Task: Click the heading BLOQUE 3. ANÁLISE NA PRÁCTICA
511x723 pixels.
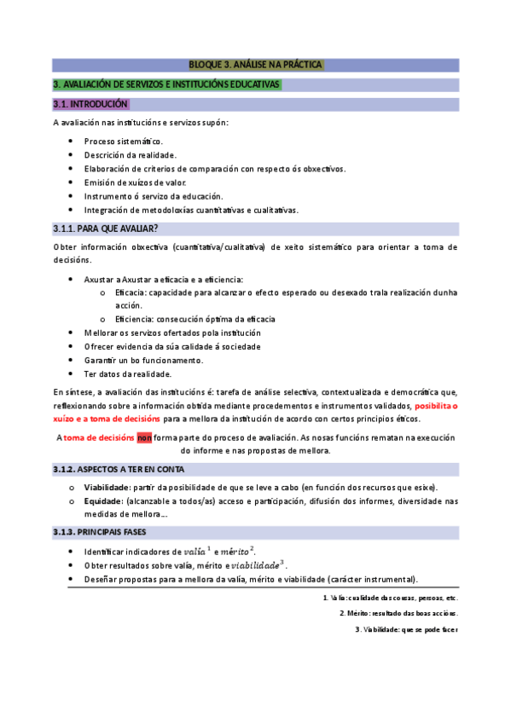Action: (x=255, y=65)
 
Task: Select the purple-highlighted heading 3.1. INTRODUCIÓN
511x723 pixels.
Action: (x=90, y=105)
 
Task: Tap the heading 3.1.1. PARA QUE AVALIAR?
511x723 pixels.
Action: (x=106, y=228)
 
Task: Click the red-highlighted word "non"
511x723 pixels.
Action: (x=144, y=437)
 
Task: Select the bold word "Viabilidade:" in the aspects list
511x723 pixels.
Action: (x=107, y=487)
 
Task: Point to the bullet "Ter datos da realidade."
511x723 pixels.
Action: (x=127, y=373)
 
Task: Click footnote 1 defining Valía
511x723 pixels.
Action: (x=385, y=597)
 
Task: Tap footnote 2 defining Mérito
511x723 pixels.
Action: (x=398, y=613)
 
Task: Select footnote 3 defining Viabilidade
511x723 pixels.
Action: (x=406, y=629)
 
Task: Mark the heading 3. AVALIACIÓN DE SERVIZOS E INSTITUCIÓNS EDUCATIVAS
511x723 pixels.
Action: (x=166, y=84)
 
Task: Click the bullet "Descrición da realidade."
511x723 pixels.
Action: (x=130, y=154)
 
